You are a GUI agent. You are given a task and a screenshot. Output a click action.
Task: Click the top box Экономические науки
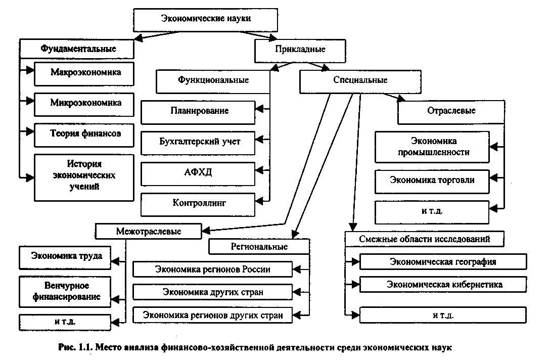(206, 19)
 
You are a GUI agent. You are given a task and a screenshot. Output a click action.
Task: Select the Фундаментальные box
(78, 49)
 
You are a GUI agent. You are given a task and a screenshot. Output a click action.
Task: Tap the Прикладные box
(300, 50)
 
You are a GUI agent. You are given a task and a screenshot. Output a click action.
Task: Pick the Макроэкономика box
(85, 73)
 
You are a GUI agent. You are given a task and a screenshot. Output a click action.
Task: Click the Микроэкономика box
(85, 103)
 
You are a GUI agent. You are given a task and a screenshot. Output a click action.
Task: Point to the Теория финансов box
(85, 133)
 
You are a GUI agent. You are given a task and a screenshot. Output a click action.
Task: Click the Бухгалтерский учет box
(198, 142)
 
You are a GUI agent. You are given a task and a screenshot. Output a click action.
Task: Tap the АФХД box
(198, 172)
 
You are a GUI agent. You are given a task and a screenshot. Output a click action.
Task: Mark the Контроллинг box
(198, 203)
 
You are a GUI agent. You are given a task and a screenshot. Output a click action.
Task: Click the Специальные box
(360, 81)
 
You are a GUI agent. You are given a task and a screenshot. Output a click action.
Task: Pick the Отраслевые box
(451, 111)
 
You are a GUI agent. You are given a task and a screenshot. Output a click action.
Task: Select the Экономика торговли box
(432, 180)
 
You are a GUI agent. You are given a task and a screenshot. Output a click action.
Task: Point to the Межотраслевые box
(148, 232)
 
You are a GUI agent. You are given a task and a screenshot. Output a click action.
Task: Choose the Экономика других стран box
(212, 292)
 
